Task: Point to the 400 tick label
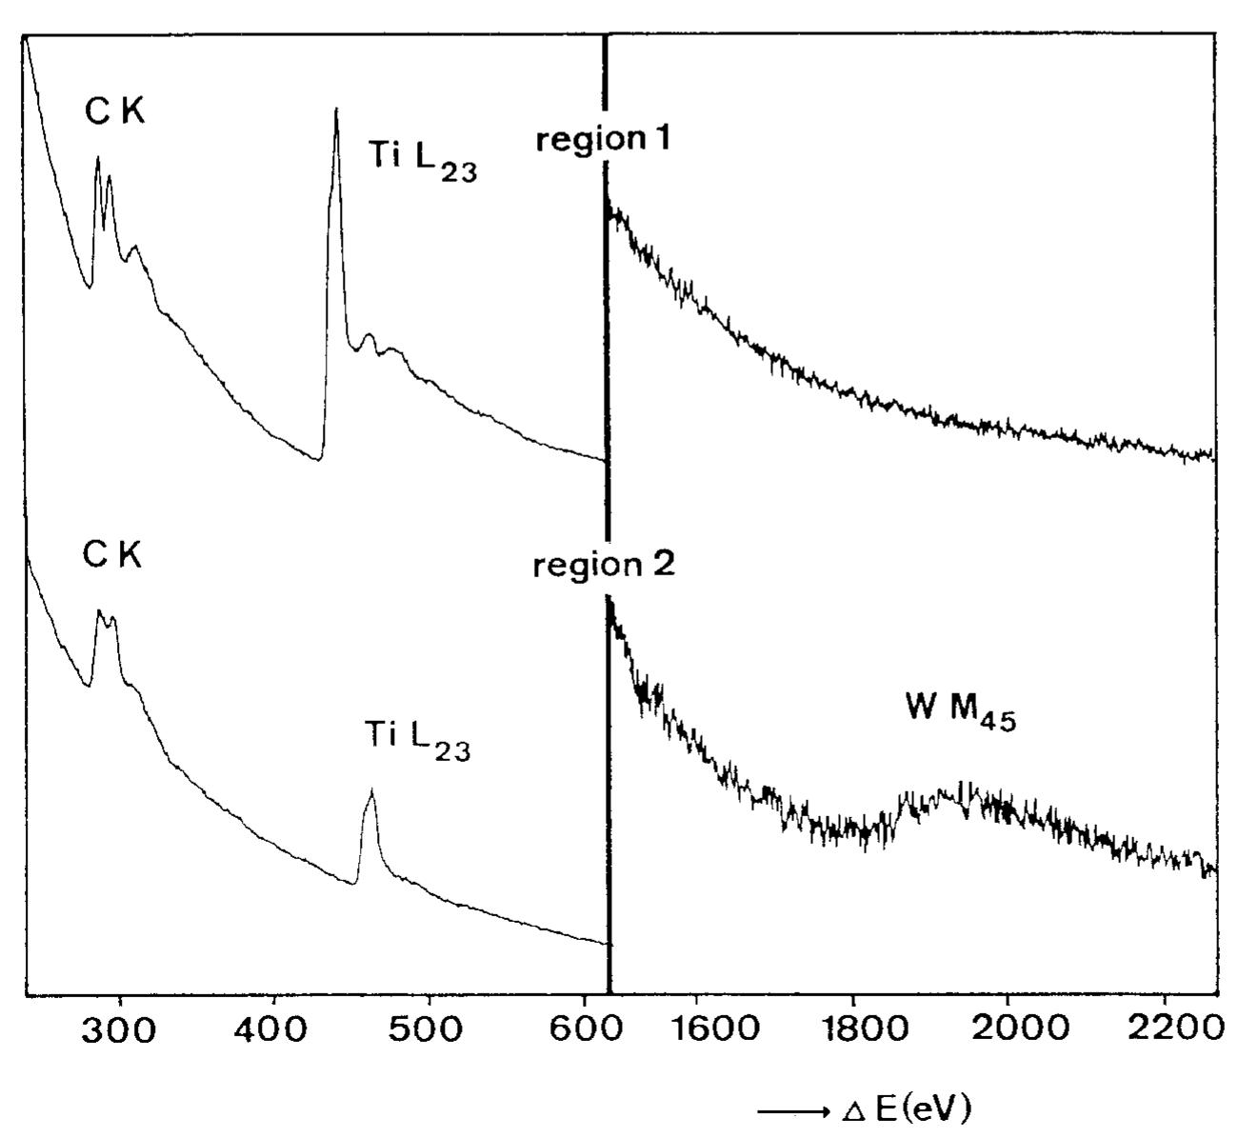point(274,1030)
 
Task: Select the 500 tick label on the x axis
point(429,1030)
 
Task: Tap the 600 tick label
point(582,1030)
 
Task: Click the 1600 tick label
point(698,1030)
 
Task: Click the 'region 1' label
point(603,141)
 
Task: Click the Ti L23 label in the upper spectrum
point(422,158)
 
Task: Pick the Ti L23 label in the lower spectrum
point(417,737)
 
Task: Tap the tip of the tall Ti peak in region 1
point(336,110)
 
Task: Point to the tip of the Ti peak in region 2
point(370,790)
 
